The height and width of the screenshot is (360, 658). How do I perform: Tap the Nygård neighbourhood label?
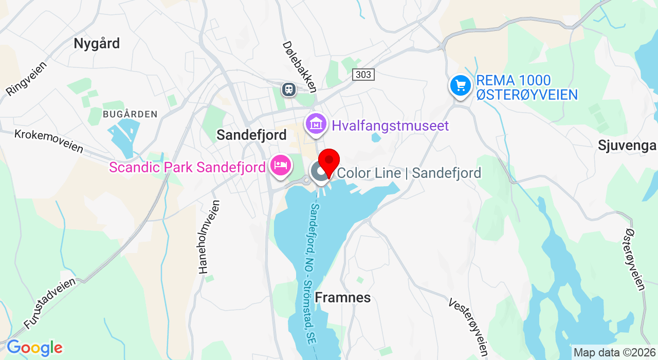click(97, 43)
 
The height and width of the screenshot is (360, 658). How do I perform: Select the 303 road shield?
click(363, 75)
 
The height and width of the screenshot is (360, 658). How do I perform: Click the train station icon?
click(289, 89)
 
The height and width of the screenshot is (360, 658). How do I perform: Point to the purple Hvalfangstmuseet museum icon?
click(316, 124)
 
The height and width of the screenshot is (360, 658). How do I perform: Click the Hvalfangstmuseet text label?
click(390, 125)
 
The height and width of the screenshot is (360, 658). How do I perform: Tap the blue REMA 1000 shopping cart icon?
click(460, 86)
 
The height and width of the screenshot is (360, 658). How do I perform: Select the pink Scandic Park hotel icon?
click(281, 166)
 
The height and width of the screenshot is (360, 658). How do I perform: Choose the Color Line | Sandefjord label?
click(409, 173)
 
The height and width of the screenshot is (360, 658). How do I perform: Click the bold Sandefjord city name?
click(251, 135)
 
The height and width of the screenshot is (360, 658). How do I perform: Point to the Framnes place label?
click(342, 298)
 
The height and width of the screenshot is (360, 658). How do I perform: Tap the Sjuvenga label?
click(627, 146)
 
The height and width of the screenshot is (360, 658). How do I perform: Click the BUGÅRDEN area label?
click(130, 114)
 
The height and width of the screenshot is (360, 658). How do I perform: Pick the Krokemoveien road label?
click(49, 140)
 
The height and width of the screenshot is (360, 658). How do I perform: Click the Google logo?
click(34, 348)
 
